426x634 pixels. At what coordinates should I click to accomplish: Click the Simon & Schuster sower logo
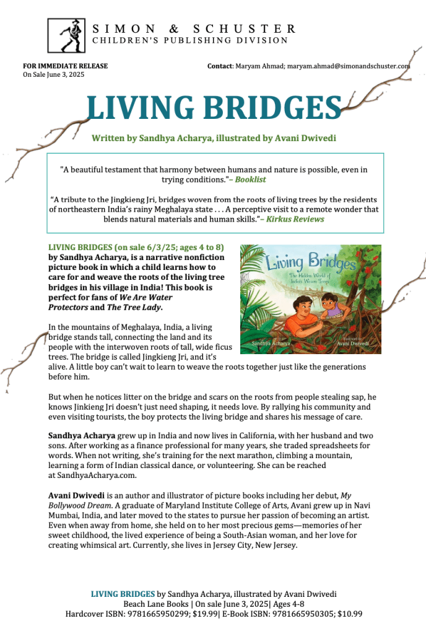67,35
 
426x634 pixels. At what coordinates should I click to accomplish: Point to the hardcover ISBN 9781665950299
159,614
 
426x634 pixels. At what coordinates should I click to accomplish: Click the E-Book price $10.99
349,614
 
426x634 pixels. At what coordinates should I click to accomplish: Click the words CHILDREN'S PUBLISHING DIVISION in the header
190,41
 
